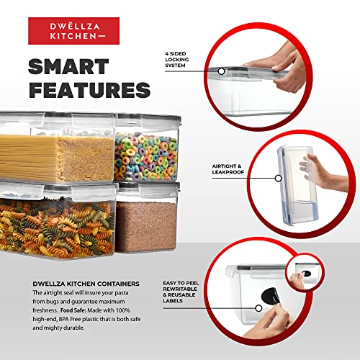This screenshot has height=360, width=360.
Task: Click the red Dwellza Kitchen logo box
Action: click(73, 31)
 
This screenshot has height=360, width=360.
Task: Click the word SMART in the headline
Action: click(68, 66)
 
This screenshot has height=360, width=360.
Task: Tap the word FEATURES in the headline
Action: click(89, 90)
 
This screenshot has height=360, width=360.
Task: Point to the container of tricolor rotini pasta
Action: click(58, 221)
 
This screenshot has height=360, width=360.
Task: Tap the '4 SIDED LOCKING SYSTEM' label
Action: click(177, 60)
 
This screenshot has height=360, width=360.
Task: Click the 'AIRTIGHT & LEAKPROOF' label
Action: click(228, 169)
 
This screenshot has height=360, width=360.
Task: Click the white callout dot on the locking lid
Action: click(222, 71)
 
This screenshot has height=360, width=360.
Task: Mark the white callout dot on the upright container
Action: click(278, 179)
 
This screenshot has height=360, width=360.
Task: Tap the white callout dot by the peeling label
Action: click(258, 308)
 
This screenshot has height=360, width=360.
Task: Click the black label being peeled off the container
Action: click(270, 296)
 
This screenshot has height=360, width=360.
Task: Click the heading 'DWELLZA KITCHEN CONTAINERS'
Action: click(86, 284)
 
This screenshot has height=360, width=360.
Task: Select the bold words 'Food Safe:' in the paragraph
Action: click(73, 310)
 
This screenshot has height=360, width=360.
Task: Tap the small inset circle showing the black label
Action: click(305, 274)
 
